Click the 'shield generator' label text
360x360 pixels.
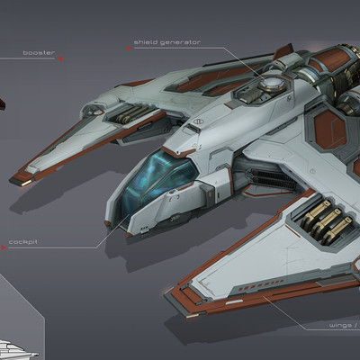167,42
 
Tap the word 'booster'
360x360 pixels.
39,53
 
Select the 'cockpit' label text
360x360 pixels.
23,242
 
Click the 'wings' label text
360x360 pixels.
340,326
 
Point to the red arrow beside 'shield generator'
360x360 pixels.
129,48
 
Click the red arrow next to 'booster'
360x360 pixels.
60,58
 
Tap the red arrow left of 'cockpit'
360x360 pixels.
4,247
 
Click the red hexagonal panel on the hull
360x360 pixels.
330,130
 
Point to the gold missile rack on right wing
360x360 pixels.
327,220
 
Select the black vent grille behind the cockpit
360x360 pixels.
272,179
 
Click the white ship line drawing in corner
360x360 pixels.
19,348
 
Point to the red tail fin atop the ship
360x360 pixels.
283,51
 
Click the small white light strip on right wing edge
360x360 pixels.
234,301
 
